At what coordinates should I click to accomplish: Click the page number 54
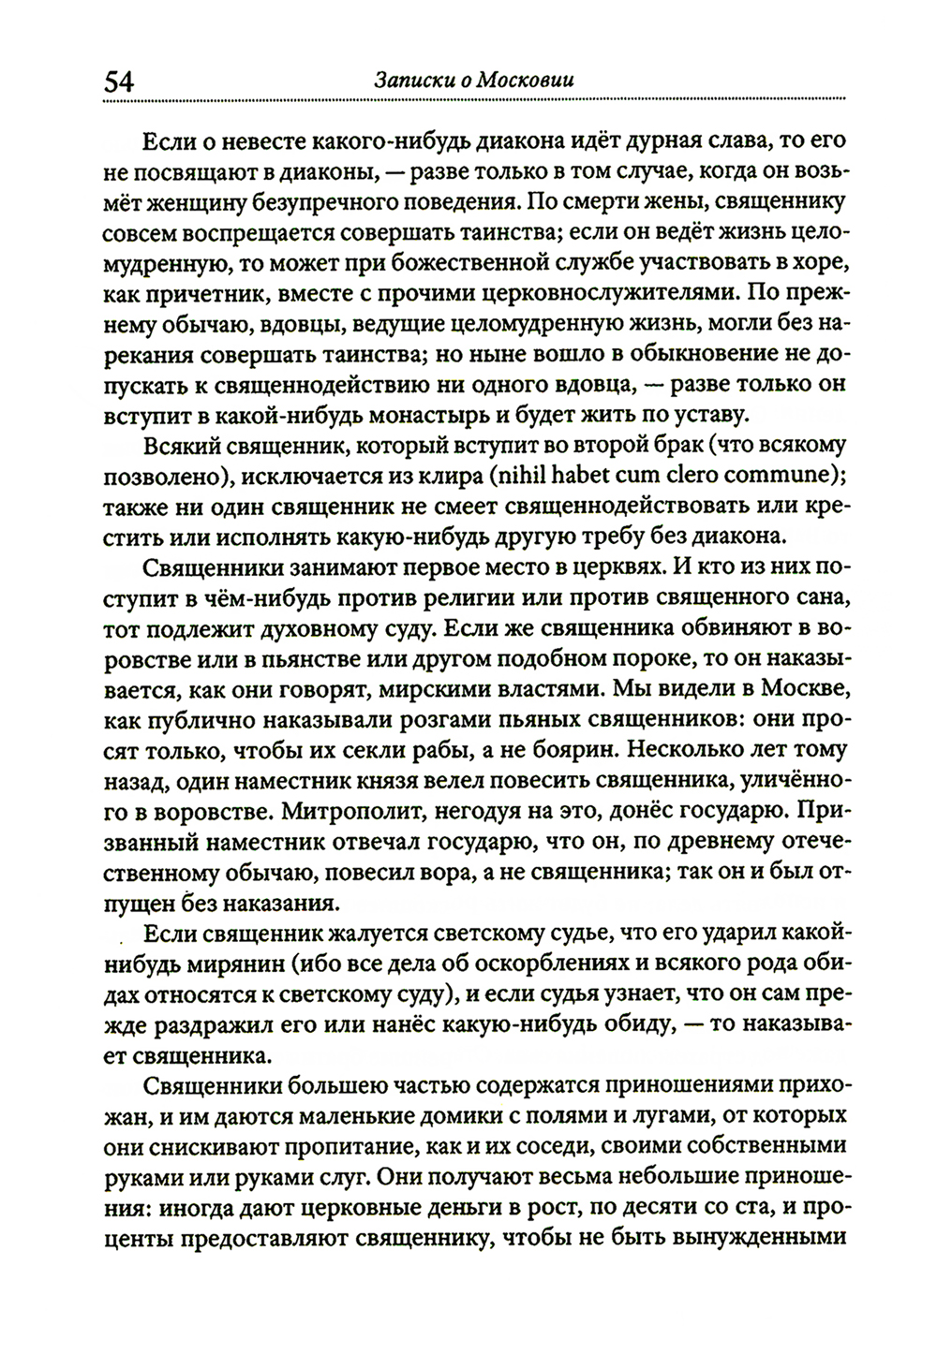[x=120, y=81]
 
